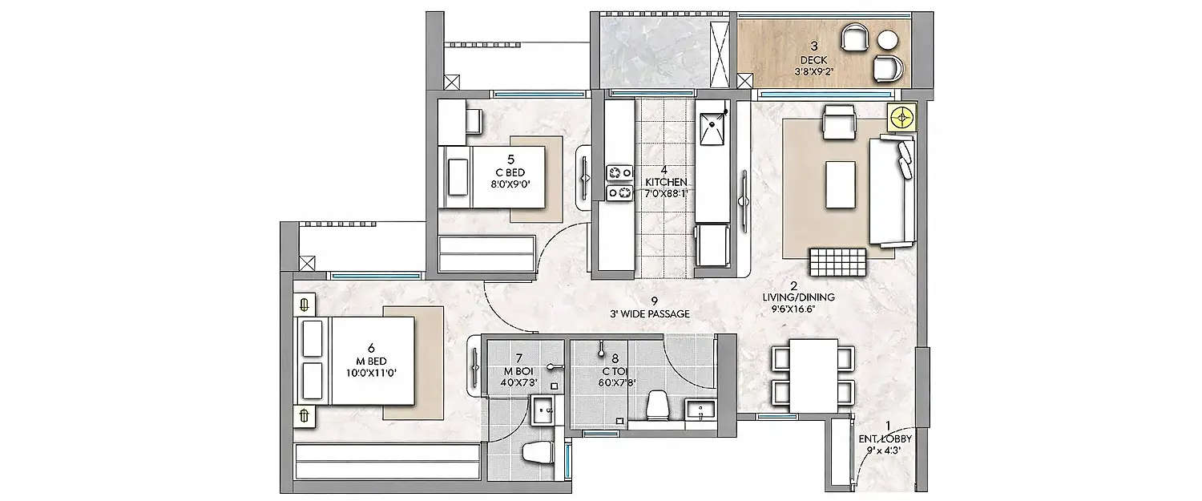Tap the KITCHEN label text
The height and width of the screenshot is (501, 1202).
pos(664,182)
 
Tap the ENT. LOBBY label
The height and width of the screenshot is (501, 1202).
pos(885,439)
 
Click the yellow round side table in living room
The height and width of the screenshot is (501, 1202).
pos(904,118)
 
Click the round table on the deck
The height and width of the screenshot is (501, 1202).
pos(888,39)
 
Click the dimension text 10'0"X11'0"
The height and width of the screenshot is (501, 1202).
pos(371,373)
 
